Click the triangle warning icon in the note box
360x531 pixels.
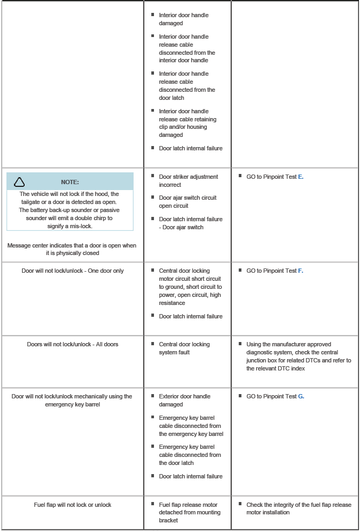[x=19, y=182]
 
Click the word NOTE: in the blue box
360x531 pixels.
[x=70, y=182]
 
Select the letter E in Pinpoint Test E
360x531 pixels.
[x=300, y=177]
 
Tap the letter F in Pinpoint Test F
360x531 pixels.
[x=300, y=271]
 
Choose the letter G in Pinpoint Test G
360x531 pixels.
[x=301, y=397]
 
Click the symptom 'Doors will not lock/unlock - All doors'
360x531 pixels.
[x=72, y=345]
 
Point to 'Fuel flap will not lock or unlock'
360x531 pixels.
[x=72, y=505]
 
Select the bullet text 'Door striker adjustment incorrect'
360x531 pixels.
[x=188, y=181]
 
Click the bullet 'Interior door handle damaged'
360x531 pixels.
[x=183, y=19]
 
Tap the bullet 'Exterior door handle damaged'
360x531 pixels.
[x=185, y=401]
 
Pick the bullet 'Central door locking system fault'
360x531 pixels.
[x=184, y=348]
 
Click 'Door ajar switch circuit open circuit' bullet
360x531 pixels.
[x=188, y=202]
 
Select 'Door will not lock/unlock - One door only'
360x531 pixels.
[x=72, y=271]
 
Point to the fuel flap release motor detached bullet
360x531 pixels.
[x=189, y=513]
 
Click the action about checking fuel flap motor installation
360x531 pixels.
[x=298, y=509]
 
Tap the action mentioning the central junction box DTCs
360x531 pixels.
[x=298, y=357]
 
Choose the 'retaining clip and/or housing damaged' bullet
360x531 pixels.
[x=187, y=123]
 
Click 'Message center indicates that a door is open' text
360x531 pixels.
[x=72, y=249]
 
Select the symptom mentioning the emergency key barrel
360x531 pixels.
[x=72, y=401]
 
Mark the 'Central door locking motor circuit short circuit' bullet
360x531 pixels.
[x=190, y=287]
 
